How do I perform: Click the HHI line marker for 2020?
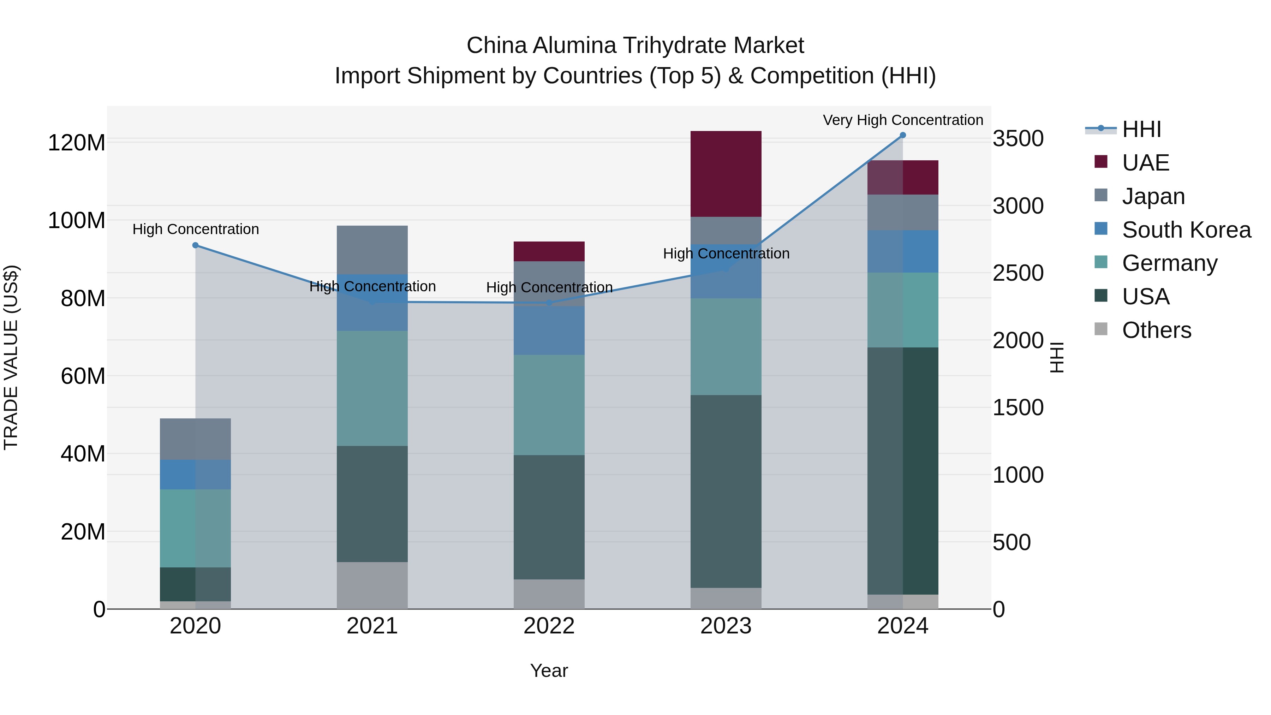195,245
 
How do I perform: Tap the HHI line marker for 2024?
903,135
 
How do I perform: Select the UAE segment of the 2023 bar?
726,174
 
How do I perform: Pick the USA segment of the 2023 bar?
726,491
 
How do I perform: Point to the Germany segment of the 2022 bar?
549,405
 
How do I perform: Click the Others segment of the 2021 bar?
372,585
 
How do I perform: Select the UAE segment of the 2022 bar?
549,251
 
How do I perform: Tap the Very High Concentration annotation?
903,120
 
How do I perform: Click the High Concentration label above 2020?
195,230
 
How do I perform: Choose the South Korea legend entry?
1186,230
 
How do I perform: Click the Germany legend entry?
1169,263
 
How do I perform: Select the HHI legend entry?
1141,129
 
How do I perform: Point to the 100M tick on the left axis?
77,221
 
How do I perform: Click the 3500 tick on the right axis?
1018,139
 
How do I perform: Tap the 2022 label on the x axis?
549,626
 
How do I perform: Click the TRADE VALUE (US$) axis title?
11,357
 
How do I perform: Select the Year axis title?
549,671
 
